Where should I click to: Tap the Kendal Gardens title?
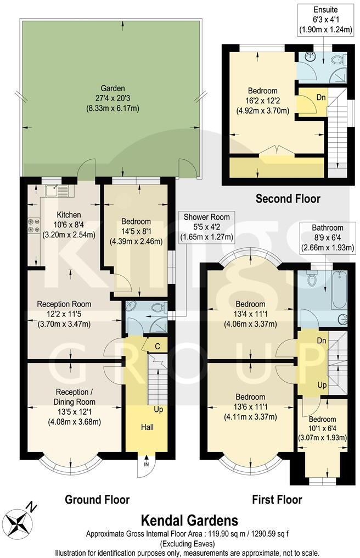(190, 520)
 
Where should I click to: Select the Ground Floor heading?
(97, 499)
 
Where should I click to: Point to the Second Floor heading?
(288, 198)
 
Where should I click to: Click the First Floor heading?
(277, 499)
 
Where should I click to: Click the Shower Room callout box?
(207, 227)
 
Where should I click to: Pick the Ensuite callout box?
(325, 20)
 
